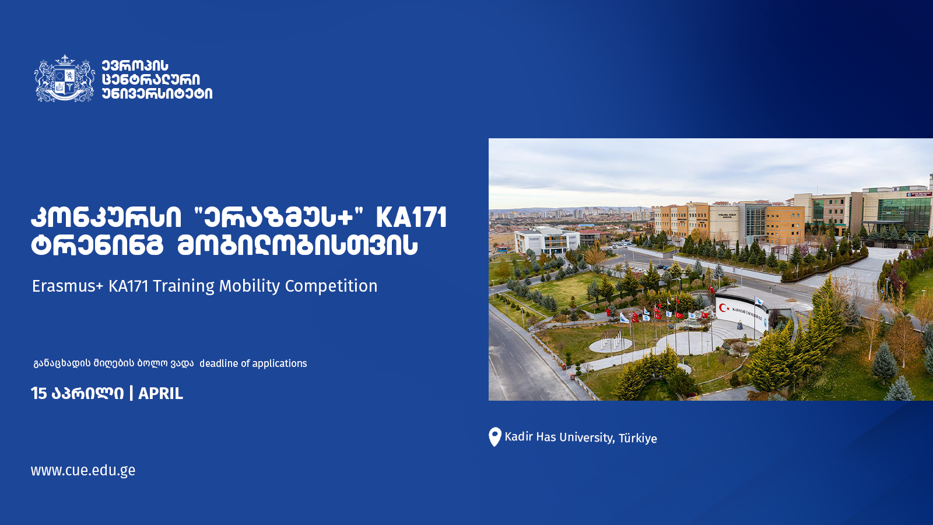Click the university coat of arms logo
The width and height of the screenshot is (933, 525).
click(65, 78)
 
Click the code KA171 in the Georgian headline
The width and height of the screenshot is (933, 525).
click(411, 218)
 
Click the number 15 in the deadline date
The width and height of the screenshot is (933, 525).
click(38, 393)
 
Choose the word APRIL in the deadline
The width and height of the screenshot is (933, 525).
click(160, 393)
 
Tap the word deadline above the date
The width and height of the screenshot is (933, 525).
click(219, 363)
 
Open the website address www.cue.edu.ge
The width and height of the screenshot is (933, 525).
click(83, 470)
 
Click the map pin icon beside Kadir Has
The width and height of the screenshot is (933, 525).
click(494, 436)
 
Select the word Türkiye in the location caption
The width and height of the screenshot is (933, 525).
click(638, 438)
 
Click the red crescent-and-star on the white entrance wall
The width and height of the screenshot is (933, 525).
click(724, 308)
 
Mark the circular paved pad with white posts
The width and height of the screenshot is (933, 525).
click(611, 345)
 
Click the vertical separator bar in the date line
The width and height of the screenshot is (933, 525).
click(131, 393)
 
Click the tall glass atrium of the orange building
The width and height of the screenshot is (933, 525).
click(756, 223)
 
